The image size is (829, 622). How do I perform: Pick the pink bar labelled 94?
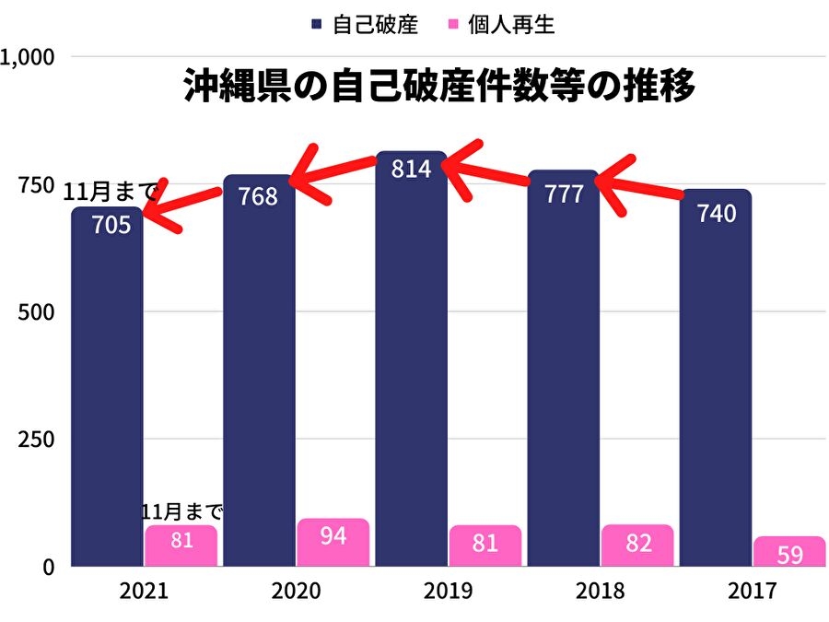coord(333,543)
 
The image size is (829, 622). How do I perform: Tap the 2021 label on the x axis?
coord(144,591)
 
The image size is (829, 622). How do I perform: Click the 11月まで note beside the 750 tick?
coord(111,192)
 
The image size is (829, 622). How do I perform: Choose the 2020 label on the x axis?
coord(297,591)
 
